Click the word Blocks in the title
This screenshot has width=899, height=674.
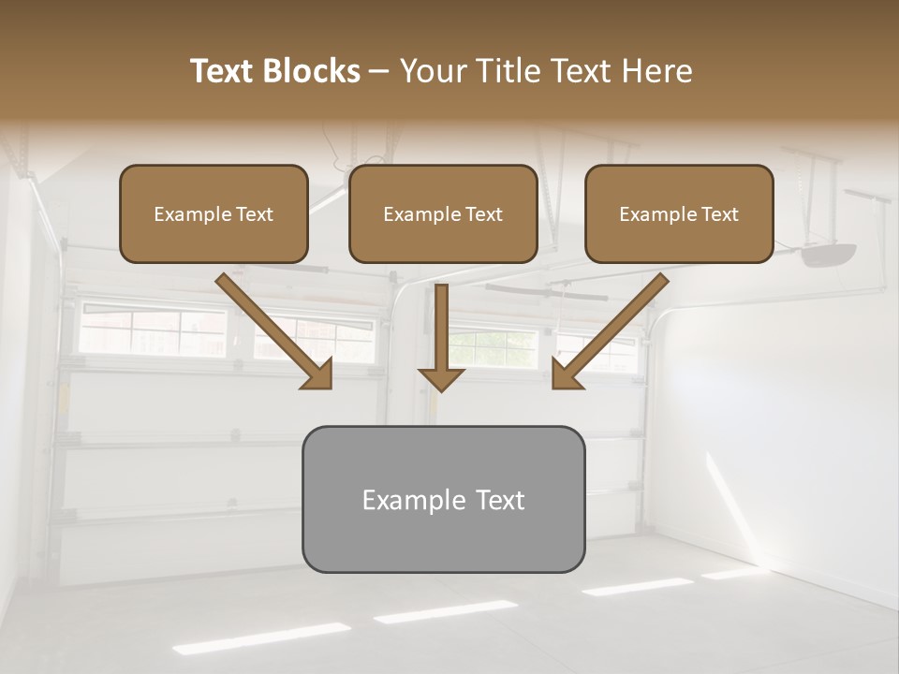(x=313, y=71)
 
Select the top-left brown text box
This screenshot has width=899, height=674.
(x=214, y=213)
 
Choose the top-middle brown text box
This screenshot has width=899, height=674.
(x=443, y=213)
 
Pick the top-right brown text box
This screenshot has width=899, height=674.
(x=679, y=213)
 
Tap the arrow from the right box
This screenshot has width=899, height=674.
(x=610, y=331)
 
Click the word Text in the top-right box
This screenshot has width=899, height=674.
(x=720, y=214)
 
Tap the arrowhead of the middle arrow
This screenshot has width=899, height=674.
(x=441, y=378)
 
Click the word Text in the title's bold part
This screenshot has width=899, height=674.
(x=223, y=71)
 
